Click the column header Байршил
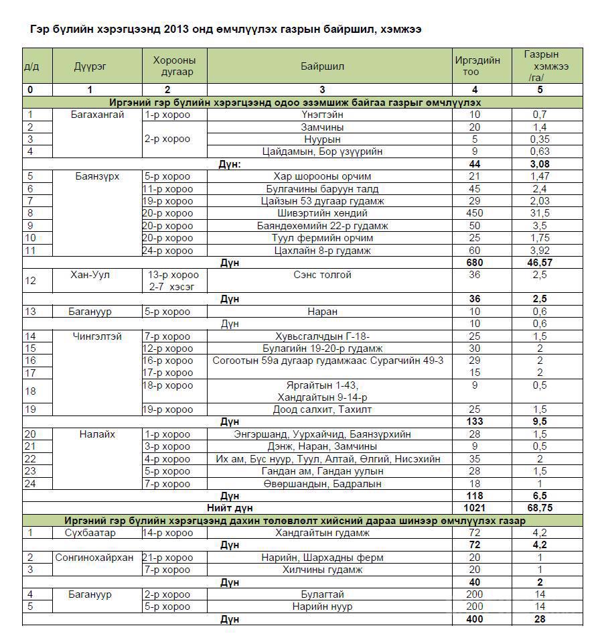coord(322,66)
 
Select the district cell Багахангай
coord(97,115)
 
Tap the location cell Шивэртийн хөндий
coord(322,213)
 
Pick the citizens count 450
coord(475,213)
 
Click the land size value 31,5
coord(540,213)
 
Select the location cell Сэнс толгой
coord(322,275)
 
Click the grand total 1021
coord(474,508)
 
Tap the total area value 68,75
coord(540,508)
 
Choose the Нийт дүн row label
coord(230,508)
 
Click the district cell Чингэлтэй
coord(97,336)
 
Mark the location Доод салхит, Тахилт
coord(322,409)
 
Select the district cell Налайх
coord(97,434)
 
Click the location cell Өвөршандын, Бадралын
coord(322,483)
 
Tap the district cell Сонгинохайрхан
coord(94,558)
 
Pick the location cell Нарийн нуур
coord(322,606)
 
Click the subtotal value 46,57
coord(540,263)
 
